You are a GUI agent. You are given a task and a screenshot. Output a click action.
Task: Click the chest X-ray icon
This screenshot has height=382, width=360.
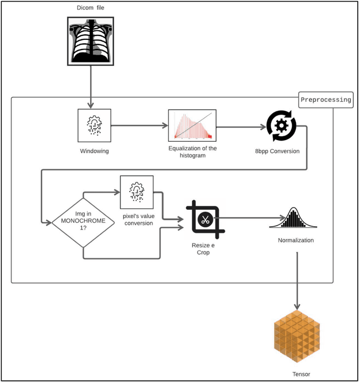tap(91, 39)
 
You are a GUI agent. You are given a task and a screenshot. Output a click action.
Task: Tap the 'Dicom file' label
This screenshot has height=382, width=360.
tap(91, 8)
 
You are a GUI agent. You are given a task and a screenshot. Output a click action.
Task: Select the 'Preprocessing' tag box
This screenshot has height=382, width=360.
tap(326, 100)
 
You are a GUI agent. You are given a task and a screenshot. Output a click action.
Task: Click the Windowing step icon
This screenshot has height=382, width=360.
tap(94, 125)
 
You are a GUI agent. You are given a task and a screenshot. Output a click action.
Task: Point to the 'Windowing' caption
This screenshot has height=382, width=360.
tap(94, 151)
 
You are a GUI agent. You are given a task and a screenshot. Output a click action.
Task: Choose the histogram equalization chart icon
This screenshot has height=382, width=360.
tap(192, 124)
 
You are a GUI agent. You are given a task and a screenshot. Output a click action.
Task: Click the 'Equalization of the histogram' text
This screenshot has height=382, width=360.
tap(192, 152)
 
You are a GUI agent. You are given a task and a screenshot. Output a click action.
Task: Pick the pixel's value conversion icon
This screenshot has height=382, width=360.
tap(136, 192)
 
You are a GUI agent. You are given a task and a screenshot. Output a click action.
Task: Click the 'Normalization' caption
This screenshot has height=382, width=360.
tap(296, 240)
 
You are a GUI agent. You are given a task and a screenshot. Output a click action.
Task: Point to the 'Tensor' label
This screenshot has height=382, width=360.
tap(301, 374)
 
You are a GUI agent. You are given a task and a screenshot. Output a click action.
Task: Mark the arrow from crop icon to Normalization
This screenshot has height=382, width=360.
tap(247, 218)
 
